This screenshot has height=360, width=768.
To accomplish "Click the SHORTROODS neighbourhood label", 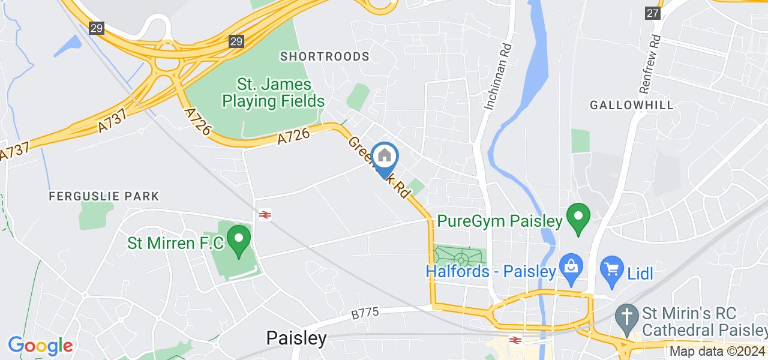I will click(x=325, y=56).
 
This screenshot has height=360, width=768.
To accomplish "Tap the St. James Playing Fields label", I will click(x=274, y=92).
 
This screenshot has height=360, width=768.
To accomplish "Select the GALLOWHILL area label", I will click(x=632, y=105).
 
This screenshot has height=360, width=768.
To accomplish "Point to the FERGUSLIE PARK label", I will click(x=104, y=196).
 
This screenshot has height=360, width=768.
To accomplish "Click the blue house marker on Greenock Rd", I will click(x=384, y=157).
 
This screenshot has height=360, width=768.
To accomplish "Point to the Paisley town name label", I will click(x=296, y=338).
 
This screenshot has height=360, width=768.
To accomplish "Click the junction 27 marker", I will click(x=653, y=13).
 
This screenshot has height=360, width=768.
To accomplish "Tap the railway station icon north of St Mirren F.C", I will click(x=265, y=214).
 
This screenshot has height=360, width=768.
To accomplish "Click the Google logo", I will click(x=40, y=346).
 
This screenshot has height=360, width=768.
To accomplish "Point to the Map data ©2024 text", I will click(x=717, y=352).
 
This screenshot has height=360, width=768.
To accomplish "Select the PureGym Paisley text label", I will click(x=500, y=221).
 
